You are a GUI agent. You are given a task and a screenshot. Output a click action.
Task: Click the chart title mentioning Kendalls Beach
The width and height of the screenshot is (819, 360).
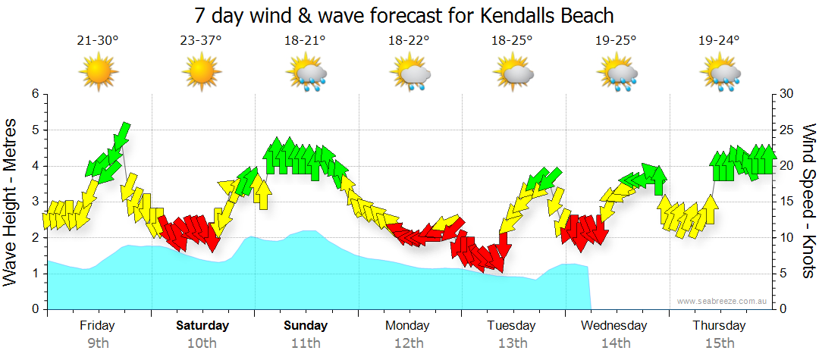(403, 15)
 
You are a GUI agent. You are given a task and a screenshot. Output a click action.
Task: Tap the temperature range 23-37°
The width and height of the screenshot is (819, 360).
(201, 40)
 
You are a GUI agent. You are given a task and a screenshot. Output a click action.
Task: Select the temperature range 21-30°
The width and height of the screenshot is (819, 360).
(98, 40)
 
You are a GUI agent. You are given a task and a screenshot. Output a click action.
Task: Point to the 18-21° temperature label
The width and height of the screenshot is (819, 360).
(305, 40)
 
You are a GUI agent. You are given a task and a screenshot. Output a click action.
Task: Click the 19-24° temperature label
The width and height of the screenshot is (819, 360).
(719, 40)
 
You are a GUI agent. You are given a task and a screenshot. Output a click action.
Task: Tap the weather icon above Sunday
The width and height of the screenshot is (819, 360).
(306, 74)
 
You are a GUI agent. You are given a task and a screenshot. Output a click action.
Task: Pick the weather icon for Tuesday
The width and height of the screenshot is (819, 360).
(513, 74)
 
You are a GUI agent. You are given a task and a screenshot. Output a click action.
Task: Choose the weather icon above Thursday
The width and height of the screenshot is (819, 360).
(720, 74)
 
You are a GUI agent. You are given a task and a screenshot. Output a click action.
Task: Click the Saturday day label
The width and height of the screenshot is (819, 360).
(202, 326)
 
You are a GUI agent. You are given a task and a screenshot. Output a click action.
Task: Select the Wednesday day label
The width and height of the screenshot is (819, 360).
(615, 326)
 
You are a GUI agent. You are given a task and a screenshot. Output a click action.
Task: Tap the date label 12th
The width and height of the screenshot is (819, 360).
(409, 343)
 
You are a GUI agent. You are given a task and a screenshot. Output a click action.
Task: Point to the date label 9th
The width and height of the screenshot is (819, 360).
(98, 343)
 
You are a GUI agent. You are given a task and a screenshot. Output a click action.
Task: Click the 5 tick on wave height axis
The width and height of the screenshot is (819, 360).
(34, 130)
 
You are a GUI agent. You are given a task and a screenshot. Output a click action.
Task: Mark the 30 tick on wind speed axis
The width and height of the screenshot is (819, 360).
(786, 94)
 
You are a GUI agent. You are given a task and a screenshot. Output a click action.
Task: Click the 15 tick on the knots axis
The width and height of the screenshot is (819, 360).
(786, 202)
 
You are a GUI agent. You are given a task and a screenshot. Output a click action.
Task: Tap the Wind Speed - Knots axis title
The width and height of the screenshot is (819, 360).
(808, 201)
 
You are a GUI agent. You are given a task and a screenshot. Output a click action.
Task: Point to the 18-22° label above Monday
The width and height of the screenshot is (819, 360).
(409, 40)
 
